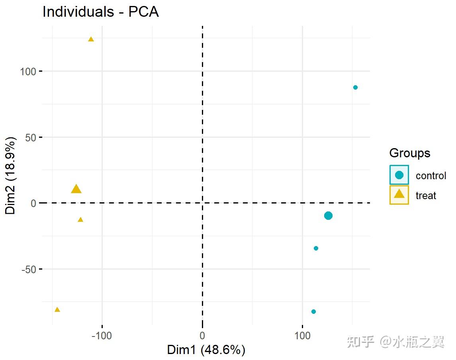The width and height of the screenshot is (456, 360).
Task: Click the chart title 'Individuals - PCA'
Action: click(100, 12)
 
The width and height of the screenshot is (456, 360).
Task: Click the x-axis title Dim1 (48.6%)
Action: click(206, 350)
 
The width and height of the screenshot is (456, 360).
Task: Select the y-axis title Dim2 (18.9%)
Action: click(10, 176)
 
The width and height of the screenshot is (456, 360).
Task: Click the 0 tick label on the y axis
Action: click(34, 203)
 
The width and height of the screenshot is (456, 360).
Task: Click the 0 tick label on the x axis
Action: click(202, 335)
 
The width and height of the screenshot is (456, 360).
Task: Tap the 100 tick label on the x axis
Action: click(302, 335)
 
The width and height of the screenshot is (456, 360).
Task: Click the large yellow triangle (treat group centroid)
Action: click(76, 189)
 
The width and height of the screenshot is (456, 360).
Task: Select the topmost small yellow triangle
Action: click(91, 39)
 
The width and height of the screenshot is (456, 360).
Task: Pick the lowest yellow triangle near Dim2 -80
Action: click(57, 310)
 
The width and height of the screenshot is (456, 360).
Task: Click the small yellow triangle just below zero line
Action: click(80, 220)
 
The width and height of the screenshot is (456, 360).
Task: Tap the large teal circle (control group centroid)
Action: click(328, 216)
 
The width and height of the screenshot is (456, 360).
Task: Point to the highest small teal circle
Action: click(355, 88)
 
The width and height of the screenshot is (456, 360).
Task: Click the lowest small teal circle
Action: click(313, 311)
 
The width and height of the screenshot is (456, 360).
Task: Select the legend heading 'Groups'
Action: click(409, 153)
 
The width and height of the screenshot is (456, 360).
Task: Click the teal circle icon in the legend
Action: click(399, 175)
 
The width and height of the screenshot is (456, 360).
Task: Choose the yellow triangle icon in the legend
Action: click(399, 195)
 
